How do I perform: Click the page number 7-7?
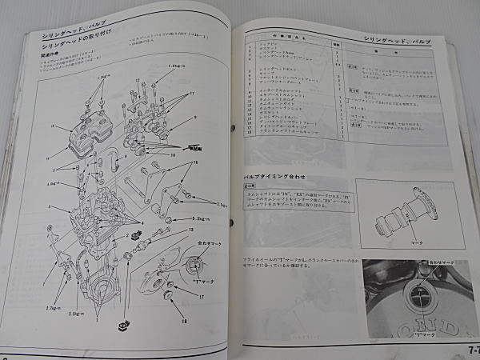[469, 350]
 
